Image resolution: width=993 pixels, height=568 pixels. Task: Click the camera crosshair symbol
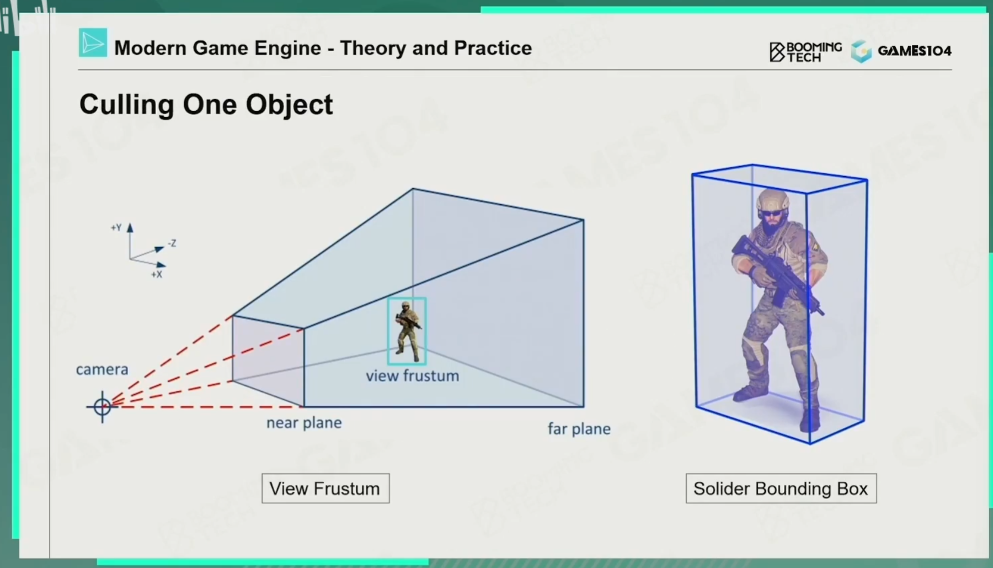pyautogui.click(x=102, y=407)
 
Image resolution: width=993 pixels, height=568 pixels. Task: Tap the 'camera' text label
pyautogui.click(x=102, y=369)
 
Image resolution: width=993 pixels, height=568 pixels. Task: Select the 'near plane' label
pyautogui.click(x=304, y=423)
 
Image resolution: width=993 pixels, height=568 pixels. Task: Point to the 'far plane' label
pyautogui.click(x=579, y=429)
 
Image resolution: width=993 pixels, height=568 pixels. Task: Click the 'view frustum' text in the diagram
pyautogui.click(x=413, y=376)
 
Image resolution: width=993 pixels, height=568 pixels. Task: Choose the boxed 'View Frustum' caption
pyautogui.click(x=325, y=489)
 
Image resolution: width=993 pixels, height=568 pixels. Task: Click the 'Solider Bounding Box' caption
pyautogui.click(x=781, y=489)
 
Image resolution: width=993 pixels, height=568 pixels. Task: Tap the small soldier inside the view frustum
pyautogui.click(x=407, y=331)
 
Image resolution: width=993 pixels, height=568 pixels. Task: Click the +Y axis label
pyautogui.click(x=116, y=227)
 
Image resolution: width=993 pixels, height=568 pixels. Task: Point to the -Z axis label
pyautogui.click(x=172, y=243)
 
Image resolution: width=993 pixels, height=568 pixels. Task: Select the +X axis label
pyautogui.click(x=157, y=274)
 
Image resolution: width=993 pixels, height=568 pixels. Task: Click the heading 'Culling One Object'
pyautogui.click(x=206, y=104)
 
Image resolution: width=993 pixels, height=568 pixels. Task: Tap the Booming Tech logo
pyautogui.click(x=805, y=52)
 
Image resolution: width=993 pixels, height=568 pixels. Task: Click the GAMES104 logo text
pyautogui.click(x=915, y=51)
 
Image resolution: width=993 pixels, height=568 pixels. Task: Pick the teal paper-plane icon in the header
pyautogui.click(x=93, y=43)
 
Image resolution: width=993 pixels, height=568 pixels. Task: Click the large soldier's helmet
pyautogui.click(x=772, y=199)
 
